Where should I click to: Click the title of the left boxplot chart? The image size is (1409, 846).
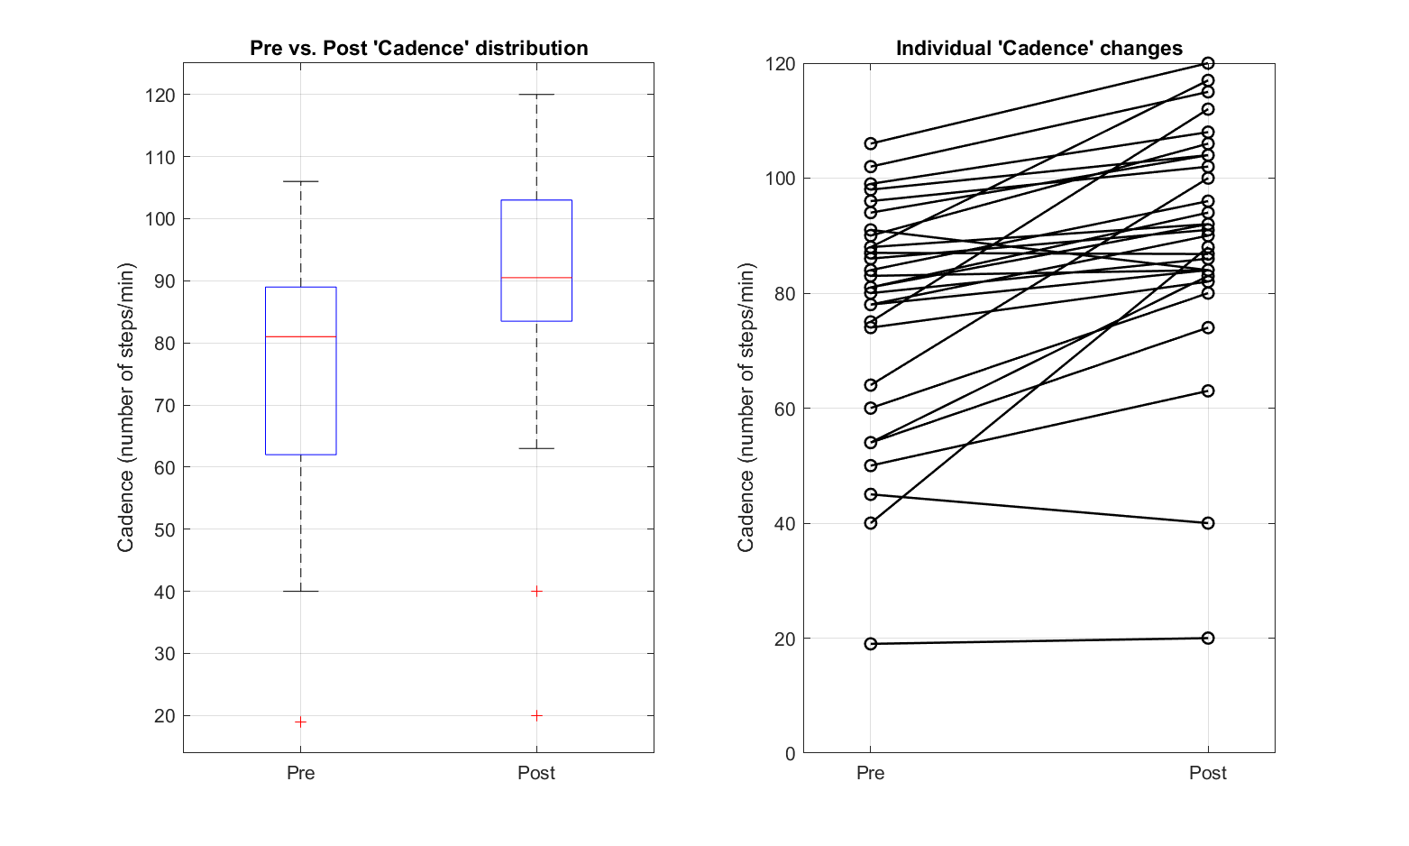pos(418,49)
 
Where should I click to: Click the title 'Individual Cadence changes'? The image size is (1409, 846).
pos(1038,49)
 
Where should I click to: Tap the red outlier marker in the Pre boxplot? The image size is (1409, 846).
pos(300,722)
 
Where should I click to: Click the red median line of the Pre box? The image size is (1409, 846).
pos(300,336)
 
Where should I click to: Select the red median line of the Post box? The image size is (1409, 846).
pos(536,278)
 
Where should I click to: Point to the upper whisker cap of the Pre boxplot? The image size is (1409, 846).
pos(300,181)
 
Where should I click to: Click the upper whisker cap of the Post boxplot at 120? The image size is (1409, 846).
pos(536,95)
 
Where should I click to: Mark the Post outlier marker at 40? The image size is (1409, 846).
pos(536,592)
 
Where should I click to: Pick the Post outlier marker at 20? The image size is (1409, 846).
pos(536,715)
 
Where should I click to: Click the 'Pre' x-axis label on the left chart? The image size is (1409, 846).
pos(300,773)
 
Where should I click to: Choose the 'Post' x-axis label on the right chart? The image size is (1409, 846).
pos(1207,773)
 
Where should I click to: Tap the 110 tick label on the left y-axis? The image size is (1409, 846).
pos(160,157)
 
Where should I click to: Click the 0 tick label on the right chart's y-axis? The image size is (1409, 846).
pos(791,753)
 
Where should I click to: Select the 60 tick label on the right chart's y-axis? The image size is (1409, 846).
pos(785,409)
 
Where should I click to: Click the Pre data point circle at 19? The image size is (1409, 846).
pos(871,644)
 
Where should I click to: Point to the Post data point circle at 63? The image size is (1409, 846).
pos(1208,391)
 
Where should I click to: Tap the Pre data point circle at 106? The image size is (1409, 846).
pos(871,143)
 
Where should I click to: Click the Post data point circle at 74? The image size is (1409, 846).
pos(1208,327)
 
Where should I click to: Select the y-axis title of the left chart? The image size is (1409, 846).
pos(125,408)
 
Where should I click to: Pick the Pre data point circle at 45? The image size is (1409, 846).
pos(871,494)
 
